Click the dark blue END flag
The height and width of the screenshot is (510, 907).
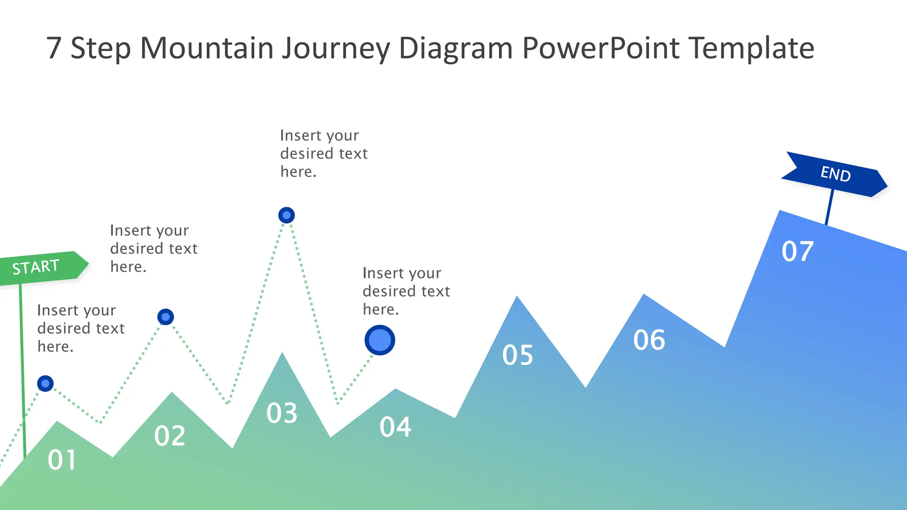(835, 174)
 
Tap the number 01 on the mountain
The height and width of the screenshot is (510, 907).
(62, 460)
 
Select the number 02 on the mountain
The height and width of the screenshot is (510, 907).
(170, 436)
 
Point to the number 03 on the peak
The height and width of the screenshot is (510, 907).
(282, 413)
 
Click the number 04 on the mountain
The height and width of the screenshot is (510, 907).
(395, 427)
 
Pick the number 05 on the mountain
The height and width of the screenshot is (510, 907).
(517, 355)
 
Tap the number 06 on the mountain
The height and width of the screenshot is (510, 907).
(649, 340)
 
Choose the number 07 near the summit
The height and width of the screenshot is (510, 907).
(797, 251)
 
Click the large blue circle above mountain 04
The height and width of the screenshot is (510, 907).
(380, 340)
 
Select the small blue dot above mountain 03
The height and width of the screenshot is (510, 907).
(287, 215)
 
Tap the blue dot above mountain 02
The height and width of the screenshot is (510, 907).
(166, 317)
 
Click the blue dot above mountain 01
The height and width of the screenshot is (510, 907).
(45, 383)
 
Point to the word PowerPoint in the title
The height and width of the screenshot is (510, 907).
(601, 48)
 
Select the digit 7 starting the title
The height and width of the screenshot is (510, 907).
(54, 48)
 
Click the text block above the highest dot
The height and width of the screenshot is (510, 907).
(323, 153)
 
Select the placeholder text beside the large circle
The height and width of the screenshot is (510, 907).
(406, 291)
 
